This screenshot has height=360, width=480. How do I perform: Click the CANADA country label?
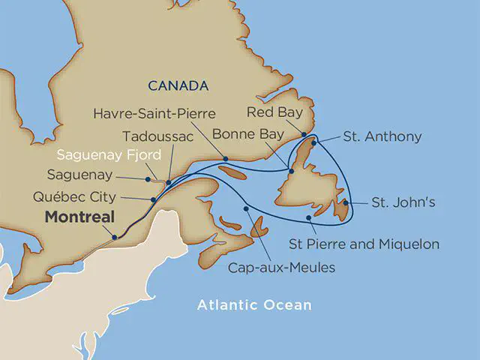coord(178,85)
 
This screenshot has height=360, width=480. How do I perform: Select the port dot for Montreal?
coord(115,238)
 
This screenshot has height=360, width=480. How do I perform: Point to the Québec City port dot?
coord(153,199)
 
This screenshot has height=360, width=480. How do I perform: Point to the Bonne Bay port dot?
coord(291,172)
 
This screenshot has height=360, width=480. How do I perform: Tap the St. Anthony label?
coord(382,136)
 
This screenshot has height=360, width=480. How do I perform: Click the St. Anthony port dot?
coord(316,141)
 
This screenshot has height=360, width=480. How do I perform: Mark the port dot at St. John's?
coord(345,202)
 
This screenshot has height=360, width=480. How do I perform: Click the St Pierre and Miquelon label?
coord(364,244)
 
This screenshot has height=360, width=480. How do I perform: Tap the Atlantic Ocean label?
coord(253,305)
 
